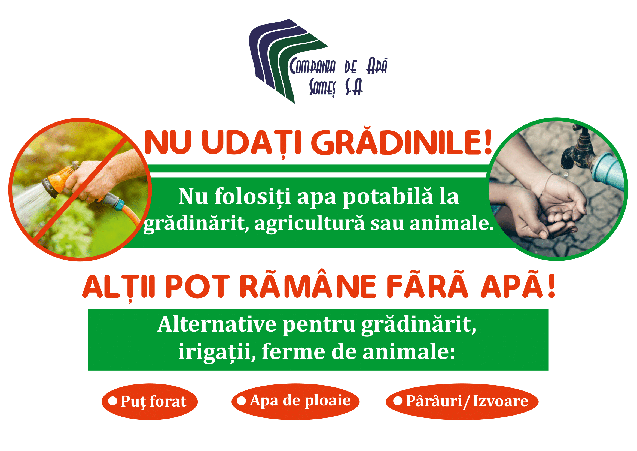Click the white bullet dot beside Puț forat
113,401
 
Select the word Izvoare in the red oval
501,401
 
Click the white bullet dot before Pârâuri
398,401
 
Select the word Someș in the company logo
322,88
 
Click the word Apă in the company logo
376,66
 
